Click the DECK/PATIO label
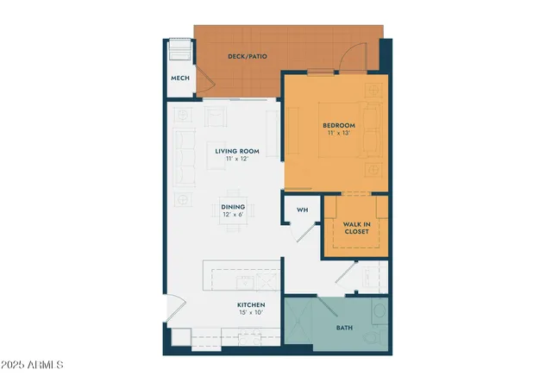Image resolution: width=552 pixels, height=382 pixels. coord(247,56)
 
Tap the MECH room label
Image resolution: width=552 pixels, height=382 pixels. coord(179,78)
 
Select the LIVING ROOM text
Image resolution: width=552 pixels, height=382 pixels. coord(237,151)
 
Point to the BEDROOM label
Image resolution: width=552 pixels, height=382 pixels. coord(337,125)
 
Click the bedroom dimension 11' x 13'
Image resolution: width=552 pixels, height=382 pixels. coord(337,134)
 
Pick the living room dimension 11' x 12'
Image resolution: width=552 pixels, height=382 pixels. coord(237,160)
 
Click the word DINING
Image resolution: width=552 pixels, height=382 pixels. coord(233,206)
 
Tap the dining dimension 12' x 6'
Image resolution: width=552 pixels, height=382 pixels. coord(233,215)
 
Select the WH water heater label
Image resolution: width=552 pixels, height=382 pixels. coord(302,210)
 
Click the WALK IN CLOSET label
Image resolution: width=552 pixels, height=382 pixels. coord(356,228)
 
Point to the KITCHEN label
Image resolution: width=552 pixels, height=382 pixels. coord(251,304)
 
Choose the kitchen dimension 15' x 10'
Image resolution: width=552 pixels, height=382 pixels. coord(251,313)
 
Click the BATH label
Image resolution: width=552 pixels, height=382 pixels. coord(344,329)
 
